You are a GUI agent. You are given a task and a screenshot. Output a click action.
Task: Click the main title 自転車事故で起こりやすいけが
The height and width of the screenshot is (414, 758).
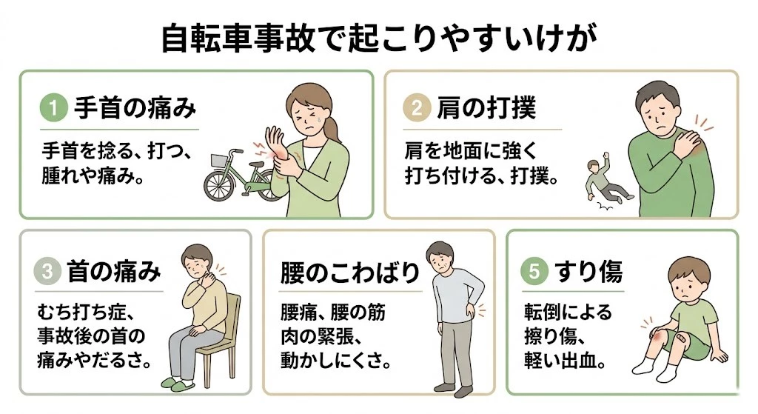pyautogui.click(x=378, y=39)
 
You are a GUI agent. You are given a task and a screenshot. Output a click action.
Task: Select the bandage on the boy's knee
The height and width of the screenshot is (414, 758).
pyautogui.click(x=668, y=340)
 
